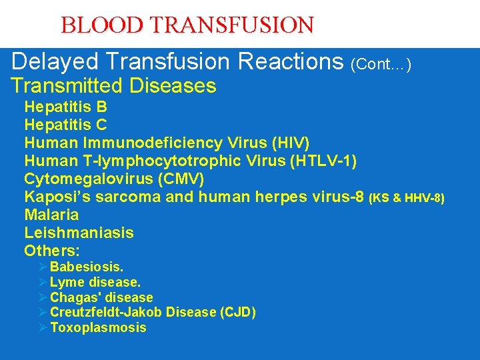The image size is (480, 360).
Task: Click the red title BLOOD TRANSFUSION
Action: click(187, 25)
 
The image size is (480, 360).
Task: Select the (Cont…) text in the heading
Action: click(381, 64)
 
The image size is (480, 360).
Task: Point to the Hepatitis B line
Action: click(65, 107)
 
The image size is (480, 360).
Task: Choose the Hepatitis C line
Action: click(65, 125)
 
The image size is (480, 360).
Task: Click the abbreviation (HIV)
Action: click(287, 143)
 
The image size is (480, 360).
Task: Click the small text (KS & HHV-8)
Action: click(407, 198)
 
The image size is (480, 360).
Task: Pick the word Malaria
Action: click(51, 215)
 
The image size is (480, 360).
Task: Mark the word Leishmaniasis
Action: click(79, 233)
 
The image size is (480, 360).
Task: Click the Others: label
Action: click(52, 251)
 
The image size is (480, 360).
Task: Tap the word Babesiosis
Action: click(87, 267)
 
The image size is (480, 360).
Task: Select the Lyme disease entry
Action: click(95, 283)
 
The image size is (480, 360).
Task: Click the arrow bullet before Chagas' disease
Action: click(43, 298)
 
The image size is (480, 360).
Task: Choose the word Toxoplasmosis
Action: click(98, 327)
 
